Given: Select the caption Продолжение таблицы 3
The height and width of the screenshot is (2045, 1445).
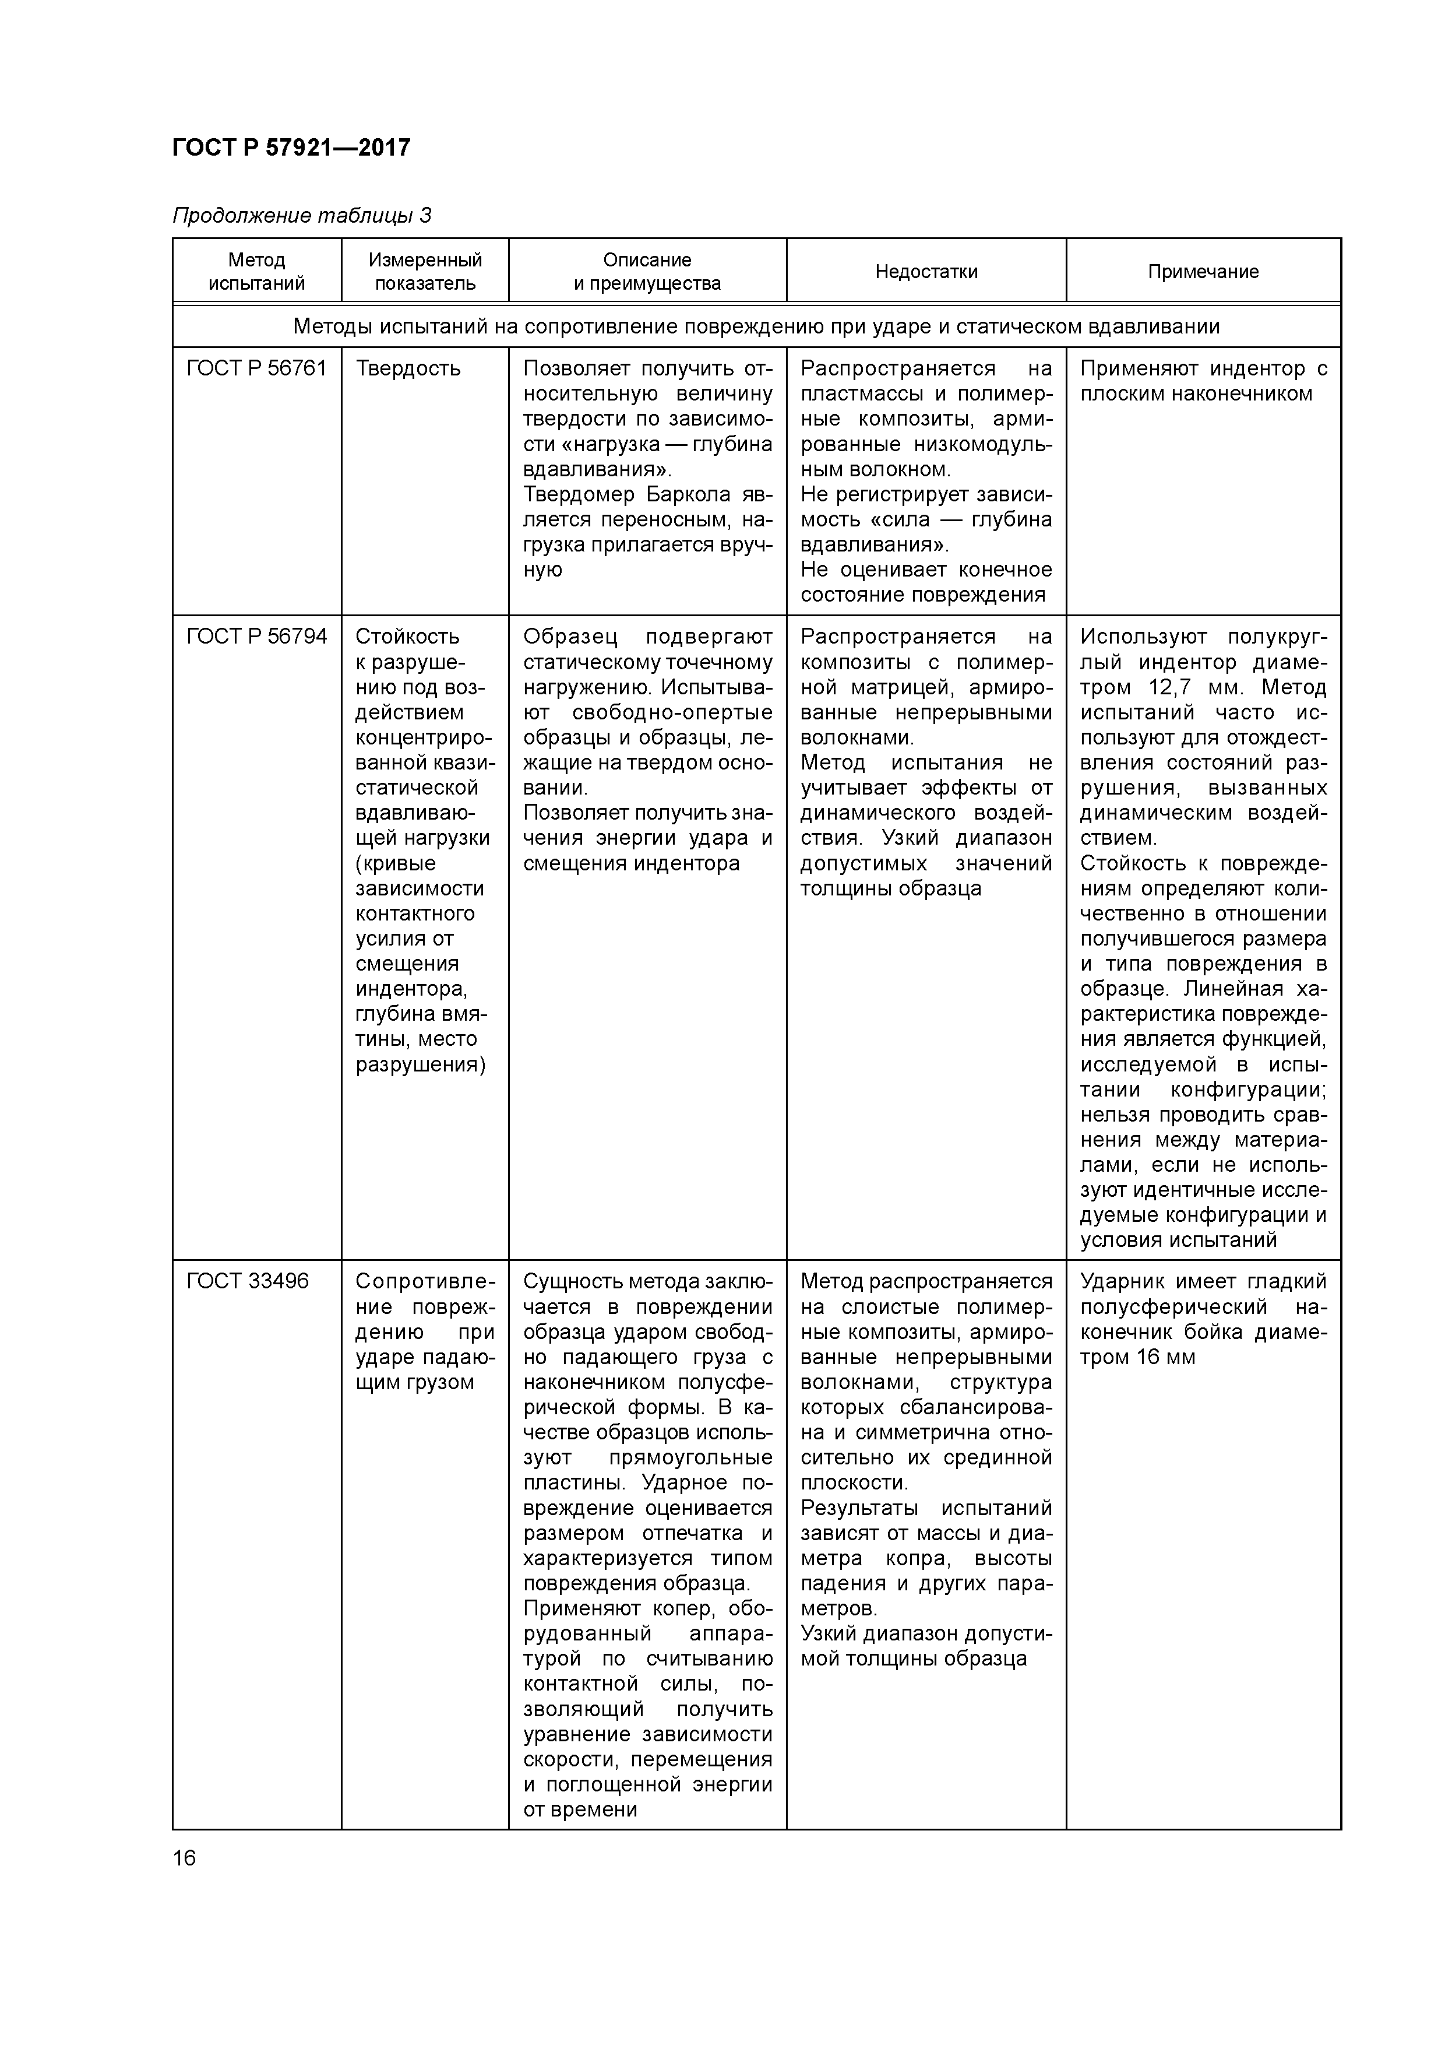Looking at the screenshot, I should [302, 216].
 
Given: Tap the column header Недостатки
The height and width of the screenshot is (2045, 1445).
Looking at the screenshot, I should [926, 272].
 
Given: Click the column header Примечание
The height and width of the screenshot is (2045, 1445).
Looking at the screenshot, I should [1203, 272].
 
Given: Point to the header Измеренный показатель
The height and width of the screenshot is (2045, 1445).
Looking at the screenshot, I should [425, 272].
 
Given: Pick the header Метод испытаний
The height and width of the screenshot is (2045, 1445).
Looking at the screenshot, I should [256, 272].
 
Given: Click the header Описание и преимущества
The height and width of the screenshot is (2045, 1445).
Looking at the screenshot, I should [647, 272].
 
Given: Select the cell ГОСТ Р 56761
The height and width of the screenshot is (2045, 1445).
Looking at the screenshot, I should [256, 369].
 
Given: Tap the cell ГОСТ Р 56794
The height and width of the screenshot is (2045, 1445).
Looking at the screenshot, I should [256, 636].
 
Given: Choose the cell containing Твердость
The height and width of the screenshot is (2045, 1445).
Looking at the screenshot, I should [408, 369].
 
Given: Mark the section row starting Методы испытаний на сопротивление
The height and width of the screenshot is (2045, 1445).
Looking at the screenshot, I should [756, 326].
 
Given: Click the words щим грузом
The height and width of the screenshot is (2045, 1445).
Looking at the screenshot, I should [414, 1382].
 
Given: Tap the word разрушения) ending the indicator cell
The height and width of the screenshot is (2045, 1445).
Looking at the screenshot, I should [420, 1064].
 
